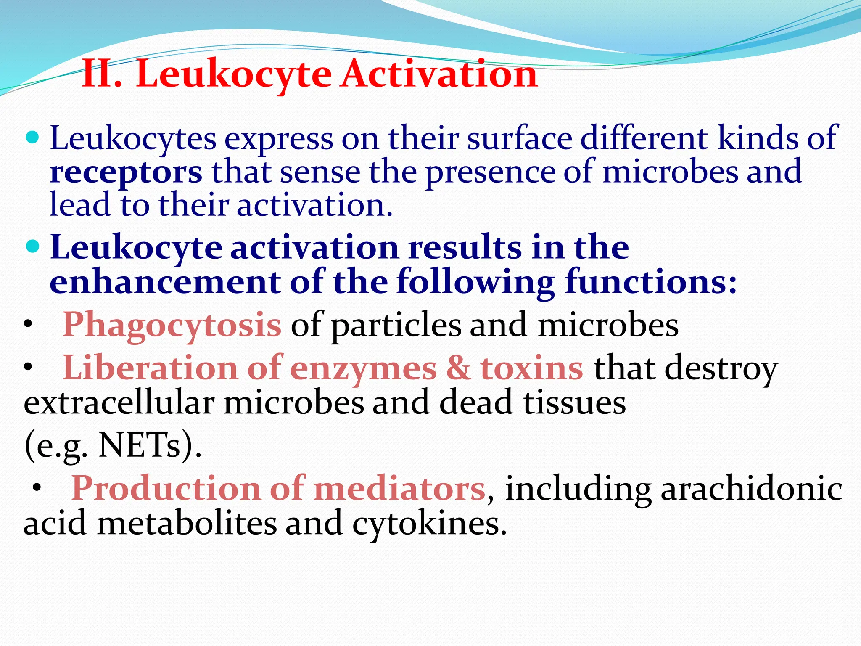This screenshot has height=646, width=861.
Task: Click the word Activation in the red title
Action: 439,74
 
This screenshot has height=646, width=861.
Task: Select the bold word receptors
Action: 126,172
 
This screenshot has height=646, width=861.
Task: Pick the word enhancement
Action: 165,281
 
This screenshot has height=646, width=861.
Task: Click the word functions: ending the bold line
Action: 651,281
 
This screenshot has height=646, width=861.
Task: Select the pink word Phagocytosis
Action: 172,325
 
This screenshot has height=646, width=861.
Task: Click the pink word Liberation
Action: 150,368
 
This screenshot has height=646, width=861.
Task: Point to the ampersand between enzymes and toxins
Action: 459,368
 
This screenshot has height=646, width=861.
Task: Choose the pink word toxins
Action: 532,368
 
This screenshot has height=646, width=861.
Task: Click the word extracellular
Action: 119,403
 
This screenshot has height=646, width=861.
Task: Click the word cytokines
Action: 429,524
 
